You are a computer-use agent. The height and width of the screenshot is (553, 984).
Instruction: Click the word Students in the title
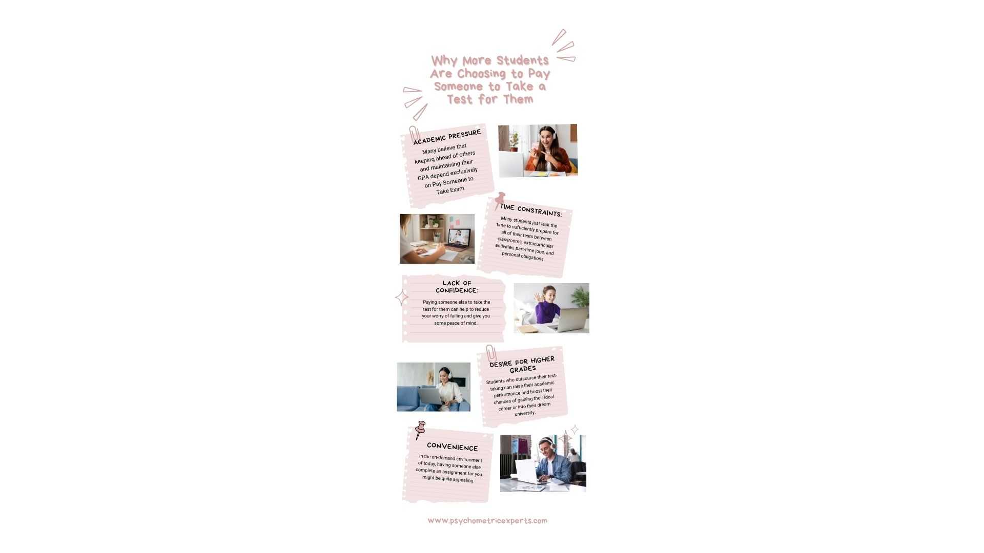pos(522,60)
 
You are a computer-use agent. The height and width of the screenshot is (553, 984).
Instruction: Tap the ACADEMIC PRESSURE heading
pos(447,137)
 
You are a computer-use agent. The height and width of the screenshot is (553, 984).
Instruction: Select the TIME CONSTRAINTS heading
pos(531,210)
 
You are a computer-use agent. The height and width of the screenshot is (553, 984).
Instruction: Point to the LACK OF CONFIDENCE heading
pos(457,287)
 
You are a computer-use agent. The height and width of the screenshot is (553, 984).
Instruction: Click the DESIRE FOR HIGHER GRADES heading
pos(522,365)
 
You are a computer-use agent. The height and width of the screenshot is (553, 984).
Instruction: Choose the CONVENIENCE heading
pos(452,447)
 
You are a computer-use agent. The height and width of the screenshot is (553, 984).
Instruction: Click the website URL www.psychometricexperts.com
pos(487,521)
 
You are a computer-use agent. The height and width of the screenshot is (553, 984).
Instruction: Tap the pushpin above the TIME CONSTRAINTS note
pos(499,200)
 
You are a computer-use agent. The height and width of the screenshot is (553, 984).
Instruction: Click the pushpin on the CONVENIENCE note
pos(420,429)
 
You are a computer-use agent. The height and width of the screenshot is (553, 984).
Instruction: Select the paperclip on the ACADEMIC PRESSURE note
pos(414,134)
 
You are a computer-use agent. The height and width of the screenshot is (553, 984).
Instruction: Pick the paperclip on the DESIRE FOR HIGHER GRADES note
pos(491,353)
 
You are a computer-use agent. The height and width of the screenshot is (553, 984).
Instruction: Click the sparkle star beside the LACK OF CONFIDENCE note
pos(402,297)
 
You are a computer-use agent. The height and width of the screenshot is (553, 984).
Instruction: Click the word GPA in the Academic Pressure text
pos(423,178)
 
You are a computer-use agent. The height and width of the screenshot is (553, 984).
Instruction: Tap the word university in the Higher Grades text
pos(525,413)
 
